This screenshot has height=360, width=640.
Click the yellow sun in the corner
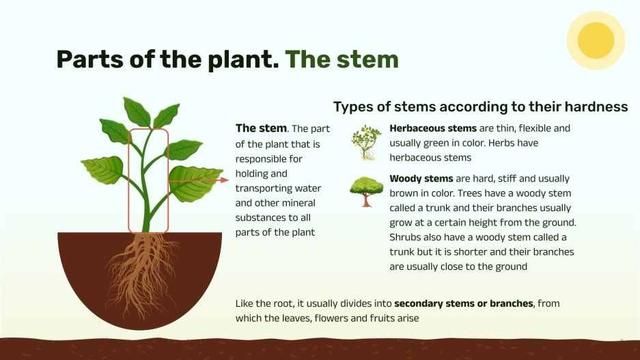coord(596,40)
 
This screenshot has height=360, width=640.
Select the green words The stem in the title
coord(342,59)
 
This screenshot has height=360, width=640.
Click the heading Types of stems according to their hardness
coord(480,107)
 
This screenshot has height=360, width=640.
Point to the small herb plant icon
coord(367,143)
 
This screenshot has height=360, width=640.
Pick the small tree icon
coord(367,191)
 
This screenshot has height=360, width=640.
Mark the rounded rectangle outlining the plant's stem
coord(148,180)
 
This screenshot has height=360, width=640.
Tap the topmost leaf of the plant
coord(137,111)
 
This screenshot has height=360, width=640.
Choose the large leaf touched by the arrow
coord(195,182)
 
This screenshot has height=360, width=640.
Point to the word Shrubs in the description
coord(407,237)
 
